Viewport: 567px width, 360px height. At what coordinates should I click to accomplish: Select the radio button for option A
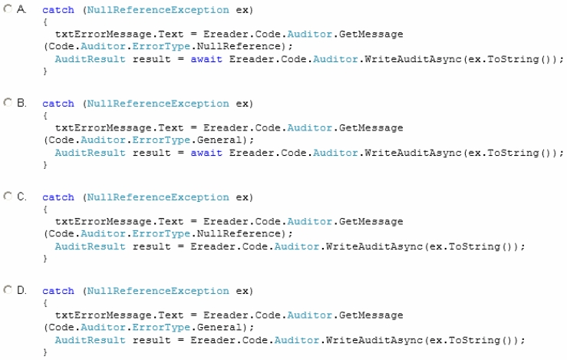click(8, 8)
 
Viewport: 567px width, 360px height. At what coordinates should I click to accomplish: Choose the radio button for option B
click(8, 102)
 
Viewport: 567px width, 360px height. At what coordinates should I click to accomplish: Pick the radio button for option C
click(8, 196)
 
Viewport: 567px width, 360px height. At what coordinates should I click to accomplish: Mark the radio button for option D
click(8, 290)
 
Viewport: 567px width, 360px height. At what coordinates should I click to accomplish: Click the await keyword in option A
click(206, 59)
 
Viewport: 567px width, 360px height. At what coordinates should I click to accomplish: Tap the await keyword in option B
click(206, 153)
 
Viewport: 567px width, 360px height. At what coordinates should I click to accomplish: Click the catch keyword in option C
click(58, 197)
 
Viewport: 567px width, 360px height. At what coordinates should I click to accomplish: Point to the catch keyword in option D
click(58, 291)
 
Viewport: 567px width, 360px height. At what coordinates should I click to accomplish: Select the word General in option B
click(219, 140)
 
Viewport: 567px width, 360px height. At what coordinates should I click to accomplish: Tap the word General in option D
click(219, 328)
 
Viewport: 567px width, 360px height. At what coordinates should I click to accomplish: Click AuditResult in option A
click(90, 59)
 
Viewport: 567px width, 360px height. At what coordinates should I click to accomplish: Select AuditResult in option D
click(90, 340)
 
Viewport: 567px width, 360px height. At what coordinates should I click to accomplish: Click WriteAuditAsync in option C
click(374, 246)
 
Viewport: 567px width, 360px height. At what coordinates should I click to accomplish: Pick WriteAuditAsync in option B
click(413, 153)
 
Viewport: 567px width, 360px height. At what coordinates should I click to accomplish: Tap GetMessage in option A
click(371, 34)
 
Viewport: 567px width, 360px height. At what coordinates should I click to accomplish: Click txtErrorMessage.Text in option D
click(120, 315)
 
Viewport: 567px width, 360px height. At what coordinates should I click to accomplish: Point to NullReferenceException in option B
click(158, 104)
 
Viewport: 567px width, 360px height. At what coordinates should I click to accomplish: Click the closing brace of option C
click(45, 259)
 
